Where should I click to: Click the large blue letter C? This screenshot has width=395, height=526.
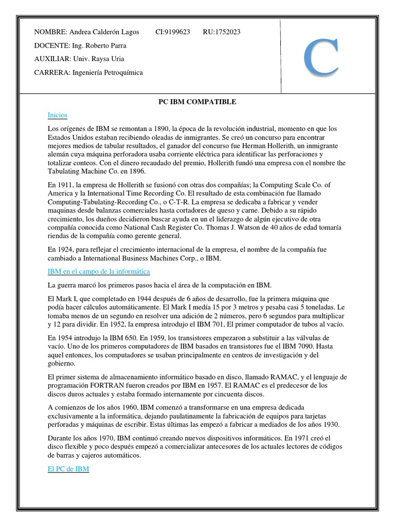pos(321,58)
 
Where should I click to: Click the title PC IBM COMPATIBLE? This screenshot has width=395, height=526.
pos(196,102)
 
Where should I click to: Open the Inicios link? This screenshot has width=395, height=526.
pos(57,115)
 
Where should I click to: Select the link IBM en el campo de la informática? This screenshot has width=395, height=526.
pos(98,271)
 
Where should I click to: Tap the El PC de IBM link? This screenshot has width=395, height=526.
pos(68,468)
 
